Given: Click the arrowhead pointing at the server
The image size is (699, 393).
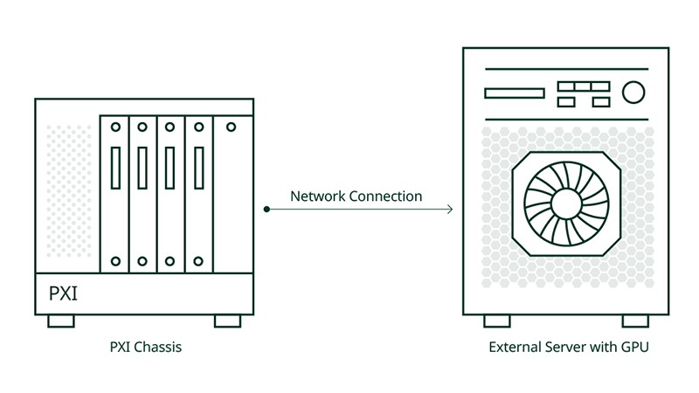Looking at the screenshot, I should [x=449, y=210].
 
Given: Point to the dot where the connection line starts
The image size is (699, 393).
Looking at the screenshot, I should [x=266, y=210].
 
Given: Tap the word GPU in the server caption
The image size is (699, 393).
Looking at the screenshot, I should [x=633, y=348].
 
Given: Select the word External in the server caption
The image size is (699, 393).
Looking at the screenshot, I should [x=514, y=348].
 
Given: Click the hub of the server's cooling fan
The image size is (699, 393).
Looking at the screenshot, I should [x=572, y=201].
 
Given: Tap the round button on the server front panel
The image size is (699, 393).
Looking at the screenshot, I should [x=633, y=92].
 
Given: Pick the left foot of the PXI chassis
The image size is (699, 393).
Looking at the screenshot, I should [x=61, y=321].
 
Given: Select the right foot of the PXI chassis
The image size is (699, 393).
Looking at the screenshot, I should [x=227, y=321].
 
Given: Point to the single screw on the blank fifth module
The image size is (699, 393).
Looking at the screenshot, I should [x=231, y=128].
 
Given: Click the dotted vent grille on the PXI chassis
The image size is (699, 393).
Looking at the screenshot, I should [x=68, y=196].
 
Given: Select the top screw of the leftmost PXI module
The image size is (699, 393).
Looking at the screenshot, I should [x=114, y=128].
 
